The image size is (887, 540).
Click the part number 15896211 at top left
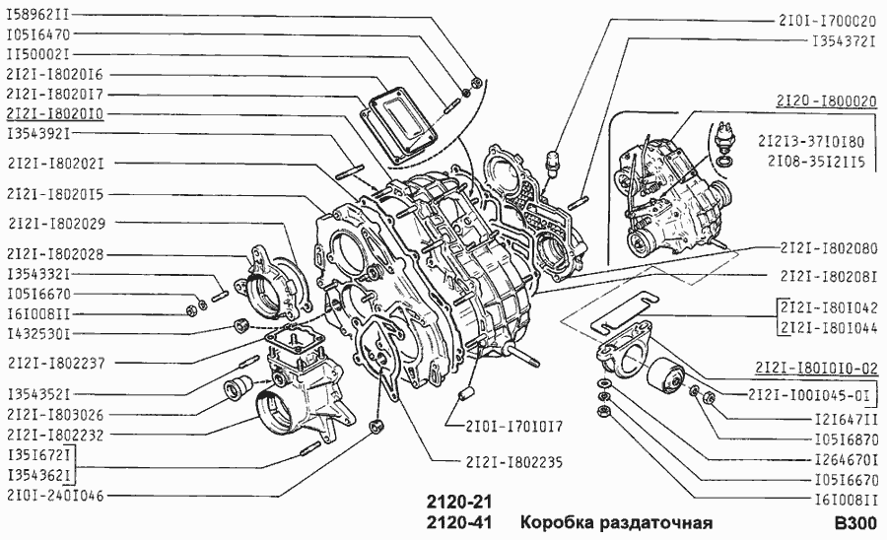(38, 16)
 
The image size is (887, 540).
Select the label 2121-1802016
(54, 74)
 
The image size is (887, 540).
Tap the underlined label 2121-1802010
(54, 114)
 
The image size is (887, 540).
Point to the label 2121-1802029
(54, 224)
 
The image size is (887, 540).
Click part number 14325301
(38, 334)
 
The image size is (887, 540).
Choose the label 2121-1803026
(54, 414)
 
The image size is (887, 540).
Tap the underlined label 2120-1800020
(826, 101)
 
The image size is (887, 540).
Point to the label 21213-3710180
(825, 141)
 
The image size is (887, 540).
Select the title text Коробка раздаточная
(616, 522)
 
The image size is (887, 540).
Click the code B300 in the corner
(854, 522)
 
